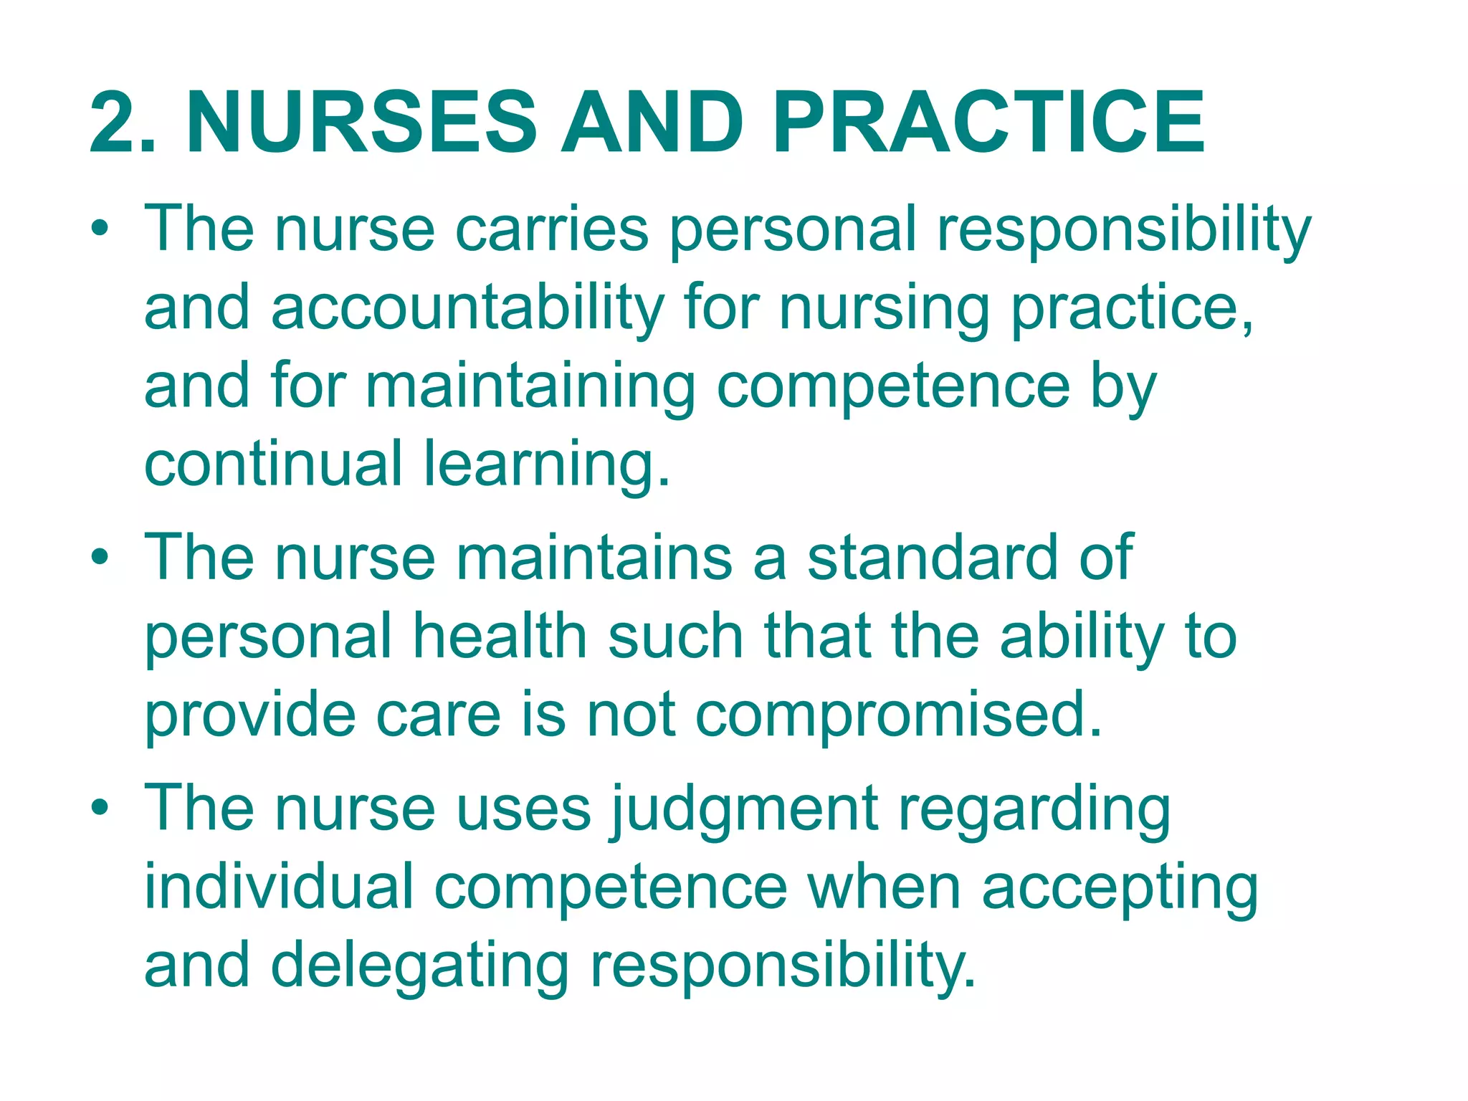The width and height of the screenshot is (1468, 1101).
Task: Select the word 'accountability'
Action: coord(467,308)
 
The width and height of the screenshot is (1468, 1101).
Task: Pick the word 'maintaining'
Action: coord(530,387)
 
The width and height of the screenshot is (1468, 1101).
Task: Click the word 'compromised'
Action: coord(889,715)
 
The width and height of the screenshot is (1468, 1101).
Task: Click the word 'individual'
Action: coord(280,887)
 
